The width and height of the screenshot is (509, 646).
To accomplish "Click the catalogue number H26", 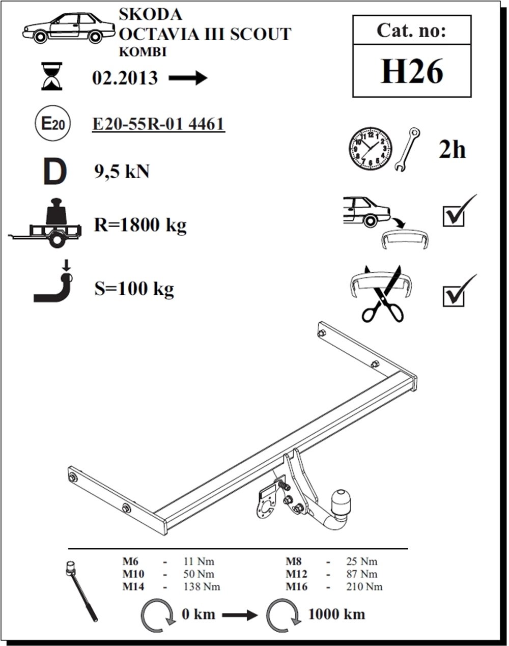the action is [x=412, y=71].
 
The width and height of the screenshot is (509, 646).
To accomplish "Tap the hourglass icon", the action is [x=52, y=76].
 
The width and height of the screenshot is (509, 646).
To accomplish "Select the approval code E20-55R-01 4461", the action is [x=158, y=124].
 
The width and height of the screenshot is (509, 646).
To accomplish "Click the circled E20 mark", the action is [x=53, y=124].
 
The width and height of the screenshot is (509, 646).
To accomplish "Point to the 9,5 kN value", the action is [x=122, y=172].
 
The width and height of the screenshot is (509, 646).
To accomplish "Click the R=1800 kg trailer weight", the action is [x=140, y=225].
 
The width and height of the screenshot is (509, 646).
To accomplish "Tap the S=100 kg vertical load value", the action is [x=134, y=289].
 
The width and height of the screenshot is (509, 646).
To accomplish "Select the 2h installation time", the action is [x=453, y=150].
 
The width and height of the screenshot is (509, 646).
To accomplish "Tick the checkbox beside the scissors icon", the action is [x=454, y=296].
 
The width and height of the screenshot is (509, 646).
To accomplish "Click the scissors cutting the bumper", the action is [x=382, y=296].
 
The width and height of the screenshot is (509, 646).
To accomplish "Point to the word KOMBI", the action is [x=143, y=52].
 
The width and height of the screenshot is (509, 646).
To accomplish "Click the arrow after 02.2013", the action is [x=188, y=78].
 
